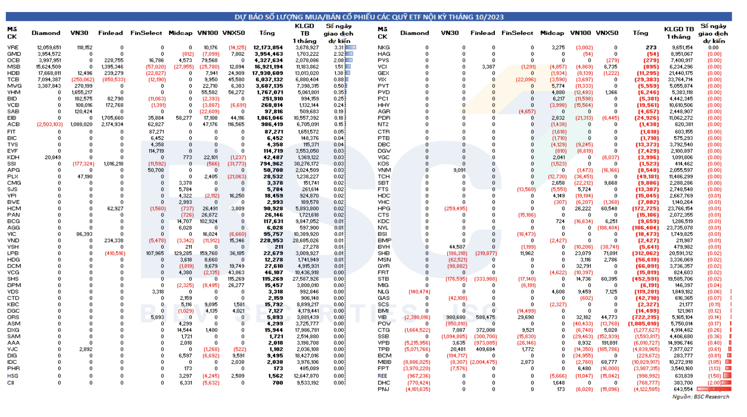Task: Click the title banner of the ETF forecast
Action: tap(369, 17)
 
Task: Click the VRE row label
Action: tap(13, 47)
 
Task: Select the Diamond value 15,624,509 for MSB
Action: tap(48, 67)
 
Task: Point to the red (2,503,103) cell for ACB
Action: tap(50, 124)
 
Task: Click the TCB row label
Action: tap(13, 79)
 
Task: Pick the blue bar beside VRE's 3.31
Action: tap(350, 47)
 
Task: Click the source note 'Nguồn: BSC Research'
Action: tap(700, 397)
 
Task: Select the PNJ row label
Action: tap(383, 389)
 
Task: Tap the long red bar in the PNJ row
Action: tap(714, 389)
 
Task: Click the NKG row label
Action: tap(384, 47)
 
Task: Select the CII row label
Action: tap(11, 383)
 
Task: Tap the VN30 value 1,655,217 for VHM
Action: tap(82, 92)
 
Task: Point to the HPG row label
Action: tap(384, 208)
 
